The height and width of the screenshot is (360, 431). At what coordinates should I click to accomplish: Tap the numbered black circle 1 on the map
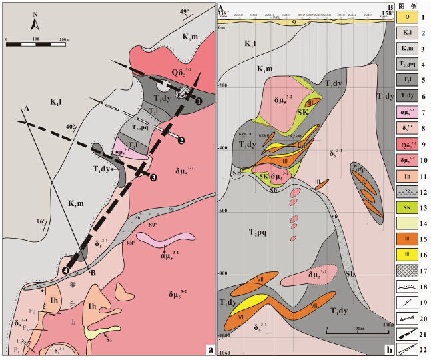click(x=199, y=101)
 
